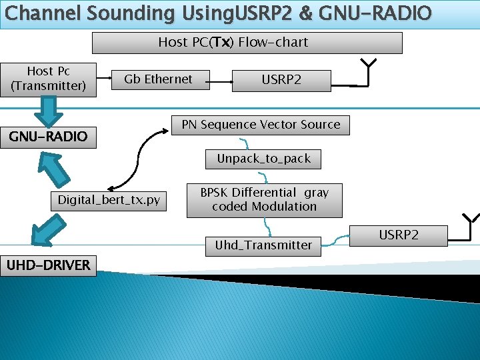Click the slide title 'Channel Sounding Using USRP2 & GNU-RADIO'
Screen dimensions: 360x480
coord(218,13)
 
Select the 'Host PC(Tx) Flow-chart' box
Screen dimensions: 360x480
coord(247,43)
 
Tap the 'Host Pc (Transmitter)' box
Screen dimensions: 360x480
coord(48,79)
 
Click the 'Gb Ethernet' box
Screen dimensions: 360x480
coord(158,79)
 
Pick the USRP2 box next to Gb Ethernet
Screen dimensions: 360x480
coord(281,80)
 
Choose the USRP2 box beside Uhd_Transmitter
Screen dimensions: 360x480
coord(399,235)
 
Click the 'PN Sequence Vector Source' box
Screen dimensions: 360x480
coord(261,125)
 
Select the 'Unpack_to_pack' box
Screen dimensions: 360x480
coord(263,159)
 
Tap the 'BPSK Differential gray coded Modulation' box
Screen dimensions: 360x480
coord(264,199)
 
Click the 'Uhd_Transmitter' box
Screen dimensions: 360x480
coord(263,245)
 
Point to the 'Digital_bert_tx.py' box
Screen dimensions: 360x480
coord(109,200)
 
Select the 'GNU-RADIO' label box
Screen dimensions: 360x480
coord(48,137)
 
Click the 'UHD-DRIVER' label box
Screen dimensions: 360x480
coord(48,265)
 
